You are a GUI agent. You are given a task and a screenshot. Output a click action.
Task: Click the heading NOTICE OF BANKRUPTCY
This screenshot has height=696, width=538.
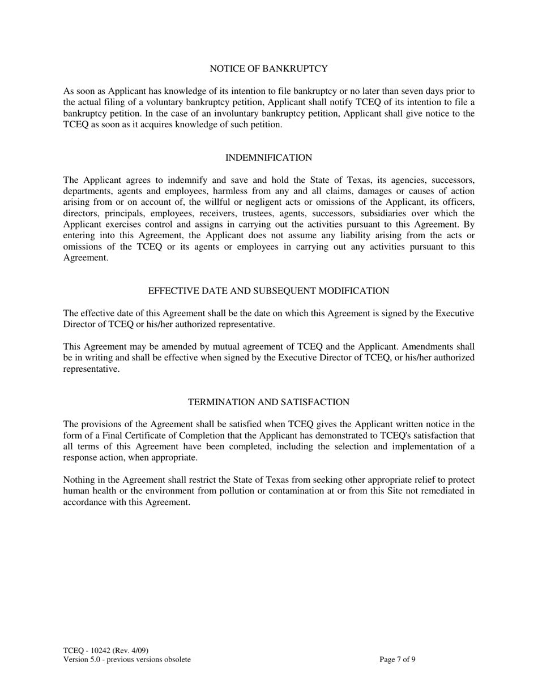268,69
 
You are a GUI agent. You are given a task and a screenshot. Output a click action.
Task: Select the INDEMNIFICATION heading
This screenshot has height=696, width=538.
268,158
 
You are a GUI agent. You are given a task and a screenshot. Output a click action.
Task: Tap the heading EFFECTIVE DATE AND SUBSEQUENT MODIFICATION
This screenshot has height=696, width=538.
268,291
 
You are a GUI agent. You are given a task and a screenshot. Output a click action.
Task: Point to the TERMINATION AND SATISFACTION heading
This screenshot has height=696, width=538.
268,402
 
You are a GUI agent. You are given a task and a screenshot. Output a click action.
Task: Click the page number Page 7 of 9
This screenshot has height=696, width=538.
398,659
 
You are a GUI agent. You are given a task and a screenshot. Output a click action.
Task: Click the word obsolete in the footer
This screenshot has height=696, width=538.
177,659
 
